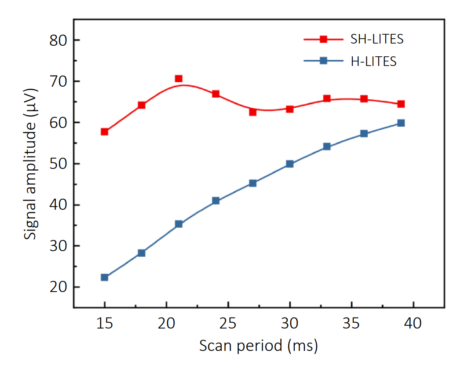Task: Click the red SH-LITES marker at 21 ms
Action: coord(179,79)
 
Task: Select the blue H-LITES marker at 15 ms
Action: coord(105,277)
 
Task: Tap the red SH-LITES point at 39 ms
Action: coord(401,104)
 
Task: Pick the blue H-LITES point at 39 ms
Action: coord(401,123)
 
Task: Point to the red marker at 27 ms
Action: coord(252,112)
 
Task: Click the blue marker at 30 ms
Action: coord(289,164)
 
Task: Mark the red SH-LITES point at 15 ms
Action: coord(105,132)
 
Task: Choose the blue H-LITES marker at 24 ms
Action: coord(216,201)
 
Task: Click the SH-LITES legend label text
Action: coord(377,39)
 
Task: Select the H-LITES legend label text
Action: coord(373,62)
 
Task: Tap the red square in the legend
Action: coord(323,39)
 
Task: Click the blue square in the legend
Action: coord(323,61)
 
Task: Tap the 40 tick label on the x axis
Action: coord(413,324)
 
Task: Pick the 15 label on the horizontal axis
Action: coord(105,324)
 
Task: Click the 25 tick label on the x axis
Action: coord(228,324)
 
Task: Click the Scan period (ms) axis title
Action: coord(258,346)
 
